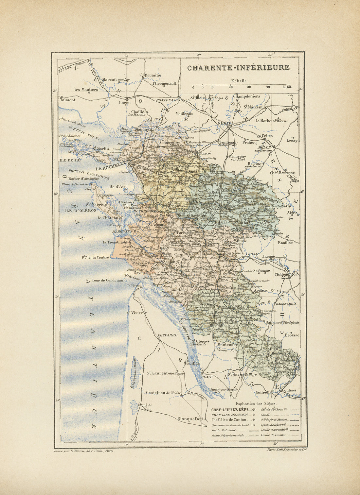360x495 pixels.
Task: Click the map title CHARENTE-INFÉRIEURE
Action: [238, 68]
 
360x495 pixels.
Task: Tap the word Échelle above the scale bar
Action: [239, 81]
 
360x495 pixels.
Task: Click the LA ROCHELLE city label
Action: [111, 168]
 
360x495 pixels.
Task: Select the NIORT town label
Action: [224, 123]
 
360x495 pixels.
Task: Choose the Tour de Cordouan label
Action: [107, 280]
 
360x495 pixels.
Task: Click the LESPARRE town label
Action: [167, 335]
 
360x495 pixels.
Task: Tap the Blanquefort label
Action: [190, 418]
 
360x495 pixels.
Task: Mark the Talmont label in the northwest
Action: [68, 100]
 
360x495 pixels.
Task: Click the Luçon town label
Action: [124, 102]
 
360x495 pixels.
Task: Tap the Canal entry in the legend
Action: [265, 415]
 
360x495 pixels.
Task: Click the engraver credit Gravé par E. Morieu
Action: [84, 451]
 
